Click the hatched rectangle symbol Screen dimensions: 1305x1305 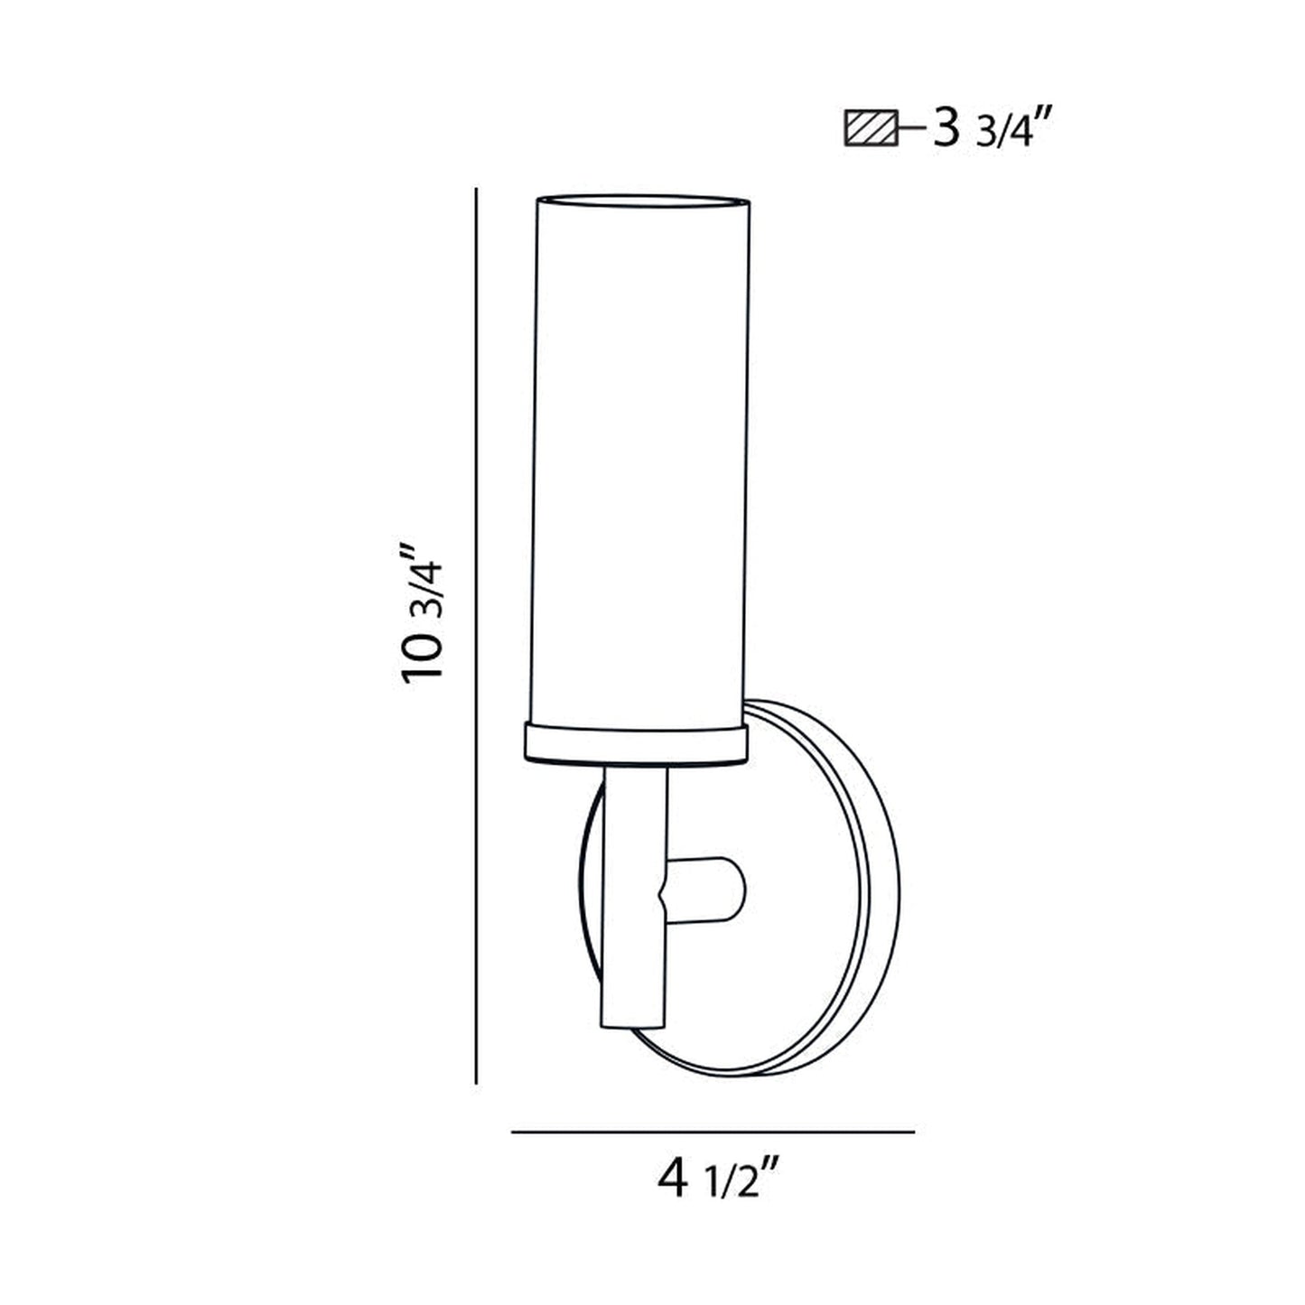coord(870,129)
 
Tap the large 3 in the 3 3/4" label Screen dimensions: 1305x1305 coord(946,129)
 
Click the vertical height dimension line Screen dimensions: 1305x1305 coord(476,632)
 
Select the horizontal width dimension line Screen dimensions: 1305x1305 coord(713,1131)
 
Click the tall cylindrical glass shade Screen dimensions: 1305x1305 coord(640,452)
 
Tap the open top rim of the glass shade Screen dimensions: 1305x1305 coord(642,198)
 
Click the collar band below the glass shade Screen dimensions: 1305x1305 coord(636,742)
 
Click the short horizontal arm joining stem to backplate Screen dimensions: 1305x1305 coord(704,890)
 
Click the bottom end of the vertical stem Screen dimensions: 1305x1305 coord(634,1024)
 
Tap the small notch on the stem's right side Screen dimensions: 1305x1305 coord(665,894)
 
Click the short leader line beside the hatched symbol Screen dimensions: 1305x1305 coord(910,130)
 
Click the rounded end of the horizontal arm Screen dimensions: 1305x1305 coord(739,890)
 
